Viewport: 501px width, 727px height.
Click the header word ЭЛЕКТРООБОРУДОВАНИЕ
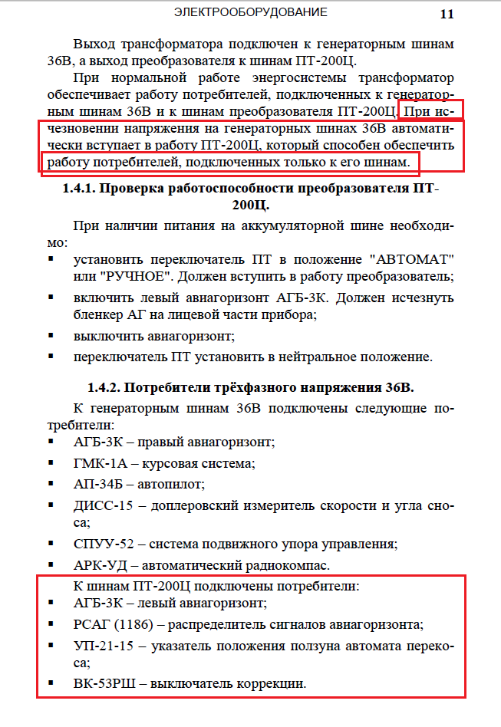click(250, 12)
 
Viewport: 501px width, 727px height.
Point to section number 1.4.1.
click(79, 189)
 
